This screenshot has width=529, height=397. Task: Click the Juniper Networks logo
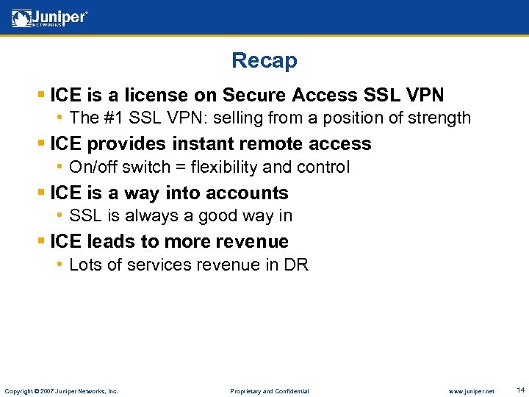click(50, 18)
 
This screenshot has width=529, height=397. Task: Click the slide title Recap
click(264, 60)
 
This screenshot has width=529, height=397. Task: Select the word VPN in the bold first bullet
click(424, 95)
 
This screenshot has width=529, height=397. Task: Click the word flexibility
click(223, 167)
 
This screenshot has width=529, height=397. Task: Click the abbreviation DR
click(296, 265)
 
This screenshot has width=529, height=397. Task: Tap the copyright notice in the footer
click(61, 391)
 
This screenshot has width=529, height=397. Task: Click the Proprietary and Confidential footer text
click(270, 391)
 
